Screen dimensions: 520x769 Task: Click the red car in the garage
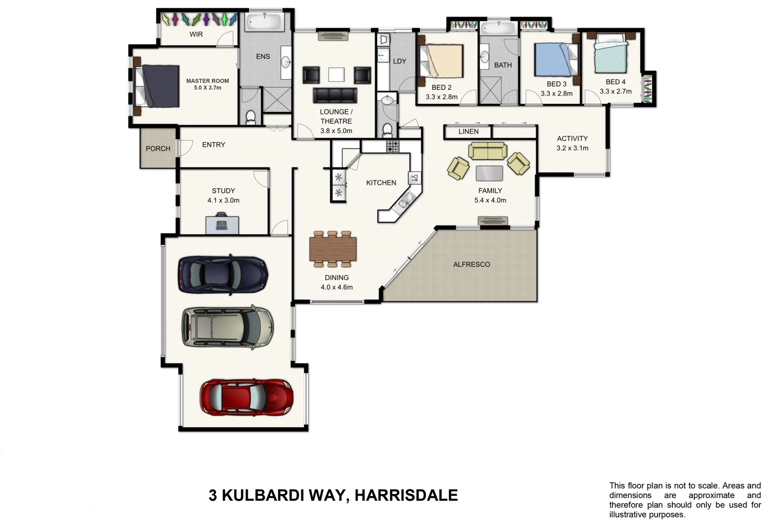246,397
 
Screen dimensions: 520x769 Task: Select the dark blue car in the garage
223,274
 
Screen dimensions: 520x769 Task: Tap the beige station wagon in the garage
227,327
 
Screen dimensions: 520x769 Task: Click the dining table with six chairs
333,249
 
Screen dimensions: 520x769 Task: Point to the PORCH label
158,149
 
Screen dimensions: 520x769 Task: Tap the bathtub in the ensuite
264,22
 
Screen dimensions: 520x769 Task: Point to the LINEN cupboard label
468,131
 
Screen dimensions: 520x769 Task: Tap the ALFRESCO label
472,264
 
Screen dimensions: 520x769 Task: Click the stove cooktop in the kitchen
393,146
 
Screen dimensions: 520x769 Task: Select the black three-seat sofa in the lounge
335,95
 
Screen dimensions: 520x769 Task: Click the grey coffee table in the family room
489,173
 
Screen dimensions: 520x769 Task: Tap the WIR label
196,34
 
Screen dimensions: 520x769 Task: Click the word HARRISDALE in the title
407,495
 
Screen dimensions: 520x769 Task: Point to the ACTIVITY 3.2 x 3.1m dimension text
572,148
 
